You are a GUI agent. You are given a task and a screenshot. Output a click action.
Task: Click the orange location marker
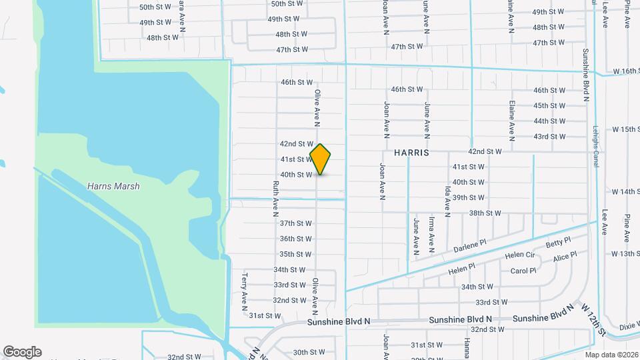click(x=321, y=159)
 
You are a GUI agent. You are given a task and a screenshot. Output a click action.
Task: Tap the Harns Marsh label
click(x=113, y=187)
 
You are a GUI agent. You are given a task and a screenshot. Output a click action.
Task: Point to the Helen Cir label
click(x=519, y=255)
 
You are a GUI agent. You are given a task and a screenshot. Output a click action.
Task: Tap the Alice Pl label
click(x=565, y=257)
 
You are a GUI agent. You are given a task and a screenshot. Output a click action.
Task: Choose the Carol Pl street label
click(x=523, y=271)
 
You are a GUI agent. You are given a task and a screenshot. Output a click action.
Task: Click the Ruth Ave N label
click(x=275, y=200)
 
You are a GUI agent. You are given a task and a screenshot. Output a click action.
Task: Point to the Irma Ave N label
click(x=432, y=235)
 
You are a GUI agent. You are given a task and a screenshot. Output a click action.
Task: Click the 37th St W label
click(x=296, y=223)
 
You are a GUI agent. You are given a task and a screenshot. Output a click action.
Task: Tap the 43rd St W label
click(x=549, y=137)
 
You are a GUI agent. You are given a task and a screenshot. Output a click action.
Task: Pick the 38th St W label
click(x=485, y=213)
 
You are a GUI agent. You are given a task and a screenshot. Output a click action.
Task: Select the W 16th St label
click(x=626, y=71)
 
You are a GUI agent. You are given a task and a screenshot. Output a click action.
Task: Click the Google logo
click(x=22, y=352)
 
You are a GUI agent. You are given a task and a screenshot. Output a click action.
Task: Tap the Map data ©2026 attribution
click(x=611, y=355)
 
